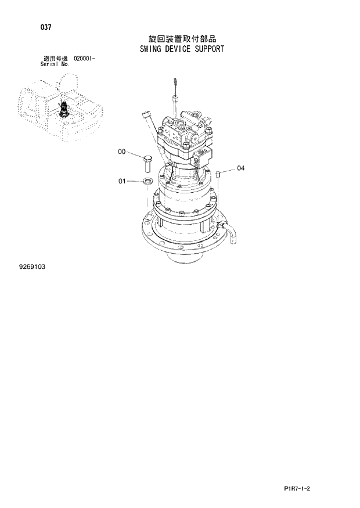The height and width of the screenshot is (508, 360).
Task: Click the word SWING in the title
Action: pos(151,49)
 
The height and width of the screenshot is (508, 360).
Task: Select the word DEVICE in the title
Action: pos(179,49)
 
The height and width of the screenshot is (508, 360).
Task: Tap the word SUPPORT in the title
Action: pos(209,49)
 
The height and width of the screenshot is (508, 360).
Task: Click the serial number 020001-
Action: pos(85,59)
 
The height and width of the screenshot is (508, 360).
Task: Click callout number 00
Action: pos(121,152)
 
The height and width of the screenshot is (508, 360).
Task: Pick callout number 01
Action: pos(122,181)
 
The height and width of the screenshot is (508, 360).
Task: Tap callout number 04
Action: pos(240,168)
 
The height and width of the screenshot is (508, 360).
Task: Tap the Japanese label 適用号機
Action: pos(55,59)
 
